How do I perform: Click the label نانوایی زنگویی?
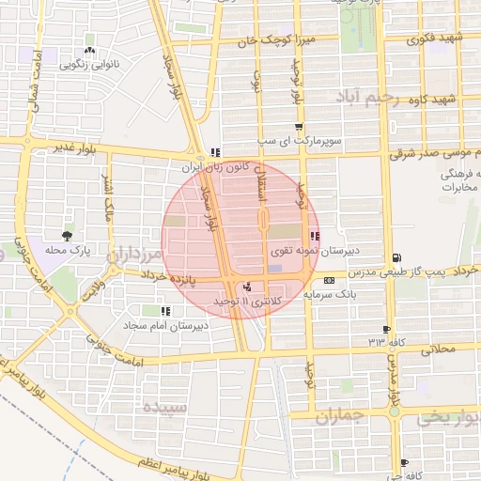(88, 65)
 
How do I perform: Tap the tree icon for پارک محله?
(66, 235)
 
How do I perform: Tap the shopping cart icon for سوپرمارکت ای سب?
(299, 128)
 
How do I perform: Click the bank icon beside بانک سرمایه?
(329, 280)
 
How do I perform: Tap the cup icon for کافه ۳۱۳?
(386, 330)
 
